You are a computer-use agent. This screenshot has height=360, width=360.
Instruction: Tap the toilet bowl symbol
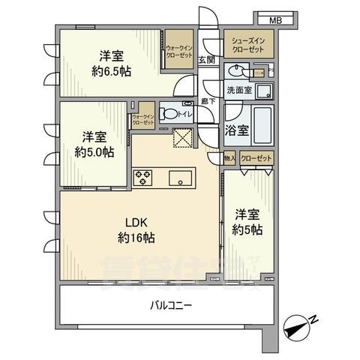click(170, 114)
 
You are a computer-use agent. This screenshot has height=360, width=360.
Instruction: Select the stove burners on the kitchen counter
click(143, 178)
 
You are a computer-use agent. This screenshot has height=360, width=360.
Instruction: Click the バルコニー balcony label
click(169, 306)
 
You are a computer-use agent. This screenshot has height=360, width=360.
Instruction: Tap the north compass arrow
click(302, 325)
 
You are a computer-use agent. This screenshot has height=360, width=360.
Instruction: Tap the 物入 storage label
click(229, 158)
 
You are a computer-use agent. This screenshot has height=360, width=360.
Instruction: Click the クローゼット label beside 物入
click(255, 158)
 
